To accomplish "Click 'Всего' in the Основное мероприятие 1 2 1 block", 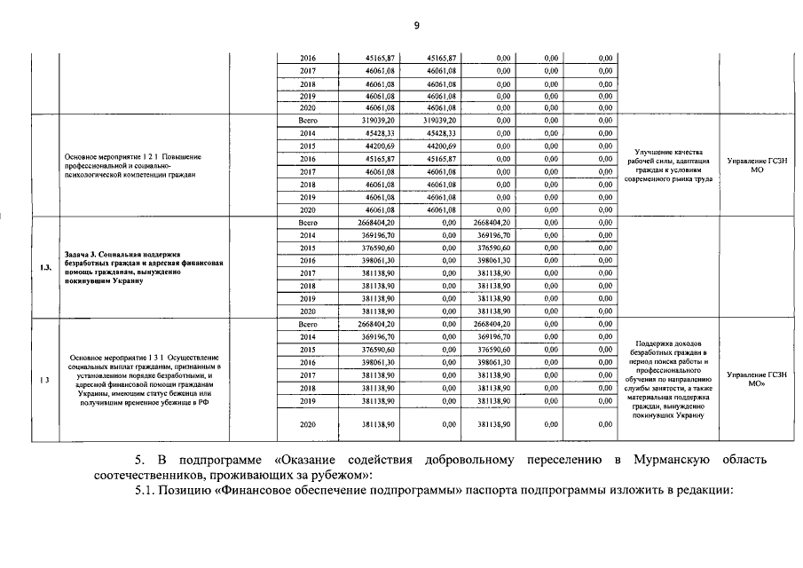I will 308,120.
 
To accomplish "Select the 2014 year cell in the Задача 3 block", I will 308,234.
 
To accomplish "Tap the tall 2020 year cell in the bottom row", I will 308,425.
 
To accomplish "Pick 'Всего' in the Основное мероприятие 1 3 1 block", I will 308,325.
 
